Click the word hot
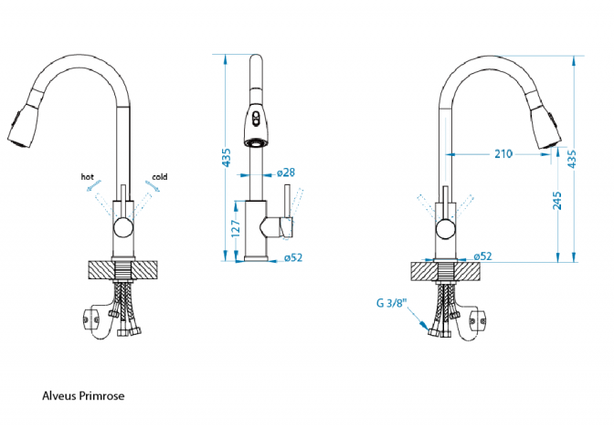(88, 176)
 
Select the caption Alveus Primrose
(83, 396)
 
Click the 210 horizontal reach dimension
(503, 153)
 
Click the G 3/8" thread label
(391, 303)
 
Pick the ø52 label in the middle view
(292, 257)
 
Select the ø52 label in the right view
(481, 256)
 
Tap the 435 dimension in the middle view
(226, 159)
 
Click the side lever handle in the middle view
(291, 205)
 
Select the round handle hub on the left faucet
(122, 229)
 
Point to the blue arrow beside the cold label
(152, 186)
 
